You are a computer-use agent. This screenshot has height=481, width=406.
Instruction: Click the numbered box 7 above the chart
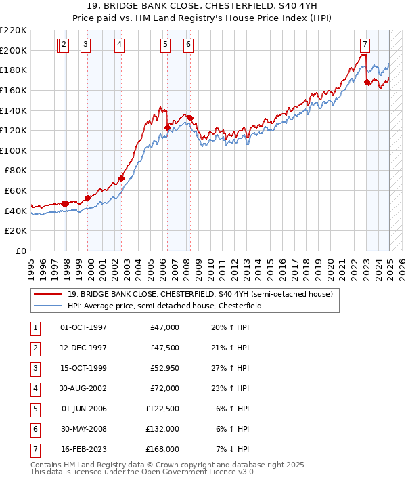pyautogui.click(x=365, y=45)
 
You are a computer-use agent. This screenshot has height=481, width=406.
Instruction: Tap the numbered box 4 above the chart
pyautogui.click(x=119, y=45)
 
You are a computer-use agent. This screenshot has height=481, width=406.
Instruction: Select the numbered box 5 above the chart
pyautogui.click(x=165, y=45)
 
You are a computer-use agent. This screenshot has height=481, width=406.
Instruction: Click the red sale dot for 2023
pyautogui.click(x=367, y=83)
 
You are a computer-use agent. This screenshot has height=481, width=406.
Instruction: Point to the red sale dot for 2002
pyautogui.click(x=122, y=179)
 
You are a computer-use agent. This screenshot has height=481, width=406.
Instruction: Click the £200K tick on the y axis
pyautogui.click(x=14, y=50)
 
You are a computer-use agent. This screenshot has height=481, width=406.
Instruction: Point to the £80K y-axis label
pyautogui.click(x=16, y=171)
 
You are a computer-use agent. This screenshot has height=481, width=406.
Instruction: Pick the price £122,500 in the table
pyautogui.click(x=162, y=409)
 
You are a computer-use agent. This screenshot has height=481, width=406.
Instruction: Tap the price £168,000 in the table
pyautogui.click(x=162, y=449)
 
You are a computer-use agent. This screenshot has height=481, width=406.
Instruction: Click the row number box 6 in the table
pyautogui.click(x=34, y=429)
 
